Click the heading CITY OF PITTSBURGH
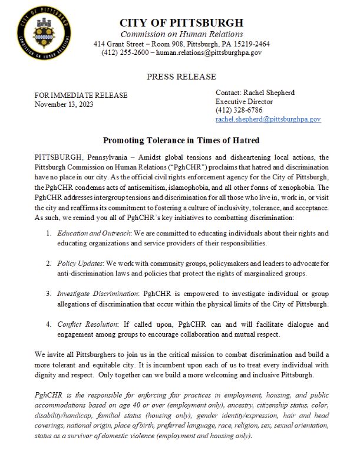click(x=181, y=23)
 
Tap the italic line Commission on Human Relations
click(x=181, y=34)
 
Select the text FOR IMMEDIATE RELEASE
click(x=81, y=96)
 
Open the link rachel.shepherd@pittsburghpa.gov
click(x=267, y=119)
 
